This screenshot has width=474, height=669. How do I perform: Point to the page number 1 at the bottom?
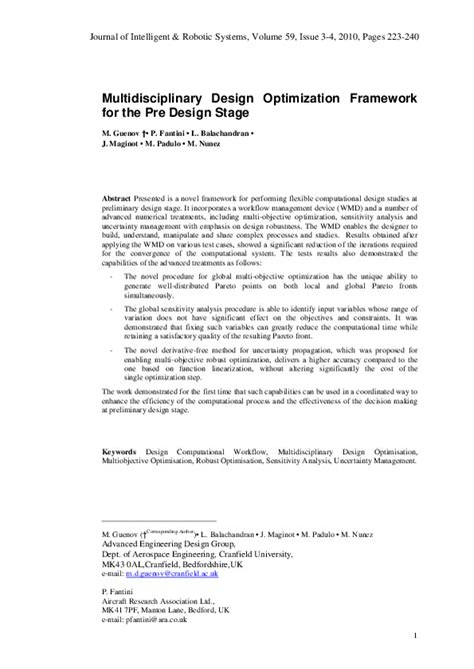click(x=414, y=634)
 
